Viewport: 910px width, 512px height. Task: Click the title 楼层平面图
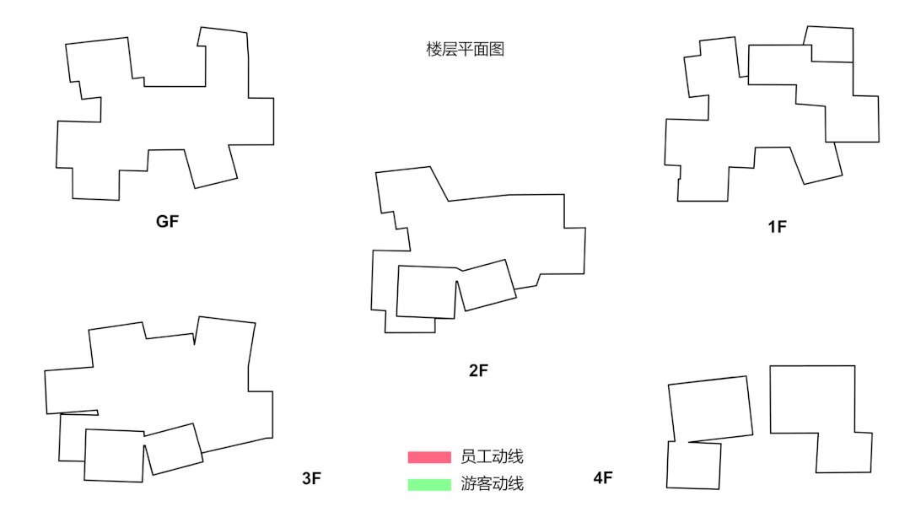coord(465,50)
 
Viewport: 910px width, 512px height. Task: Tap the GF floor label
coord(168,222)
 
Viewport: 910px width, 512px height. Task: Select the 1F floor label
coord(777,227)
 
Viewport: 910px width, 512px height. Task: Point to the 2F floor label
coord(478,369)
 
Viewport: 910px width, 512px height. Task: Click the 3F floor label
coord(311,479)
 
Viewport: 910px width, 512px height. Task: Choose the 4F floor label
coord(602,478)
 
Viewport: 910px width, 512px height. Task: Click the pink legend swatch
coord(429,457)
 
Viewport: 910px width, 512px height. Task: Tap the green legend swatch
coord(429,485)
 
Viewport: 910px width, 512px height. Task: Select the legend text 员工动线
coord(493,457)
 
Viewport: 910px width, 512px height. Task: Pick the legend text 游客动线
coord(493,484)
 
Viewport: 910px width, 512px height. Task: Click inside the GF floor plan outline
coord(169,118)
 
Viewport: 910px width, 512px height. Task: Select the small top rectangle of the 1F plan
coord(831,44)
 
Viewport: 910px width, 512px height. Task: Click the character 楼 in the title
coord(433,50)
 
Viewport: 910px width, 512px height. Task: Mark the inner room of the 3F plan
coord(114,455)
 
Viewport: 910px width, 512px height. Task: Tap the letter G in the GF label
coord(162,222)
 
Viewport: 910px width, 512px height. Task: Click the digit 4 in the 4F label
coord(597,478)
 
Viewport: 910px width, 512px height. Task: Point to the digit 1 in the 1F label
coord(772,227)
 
